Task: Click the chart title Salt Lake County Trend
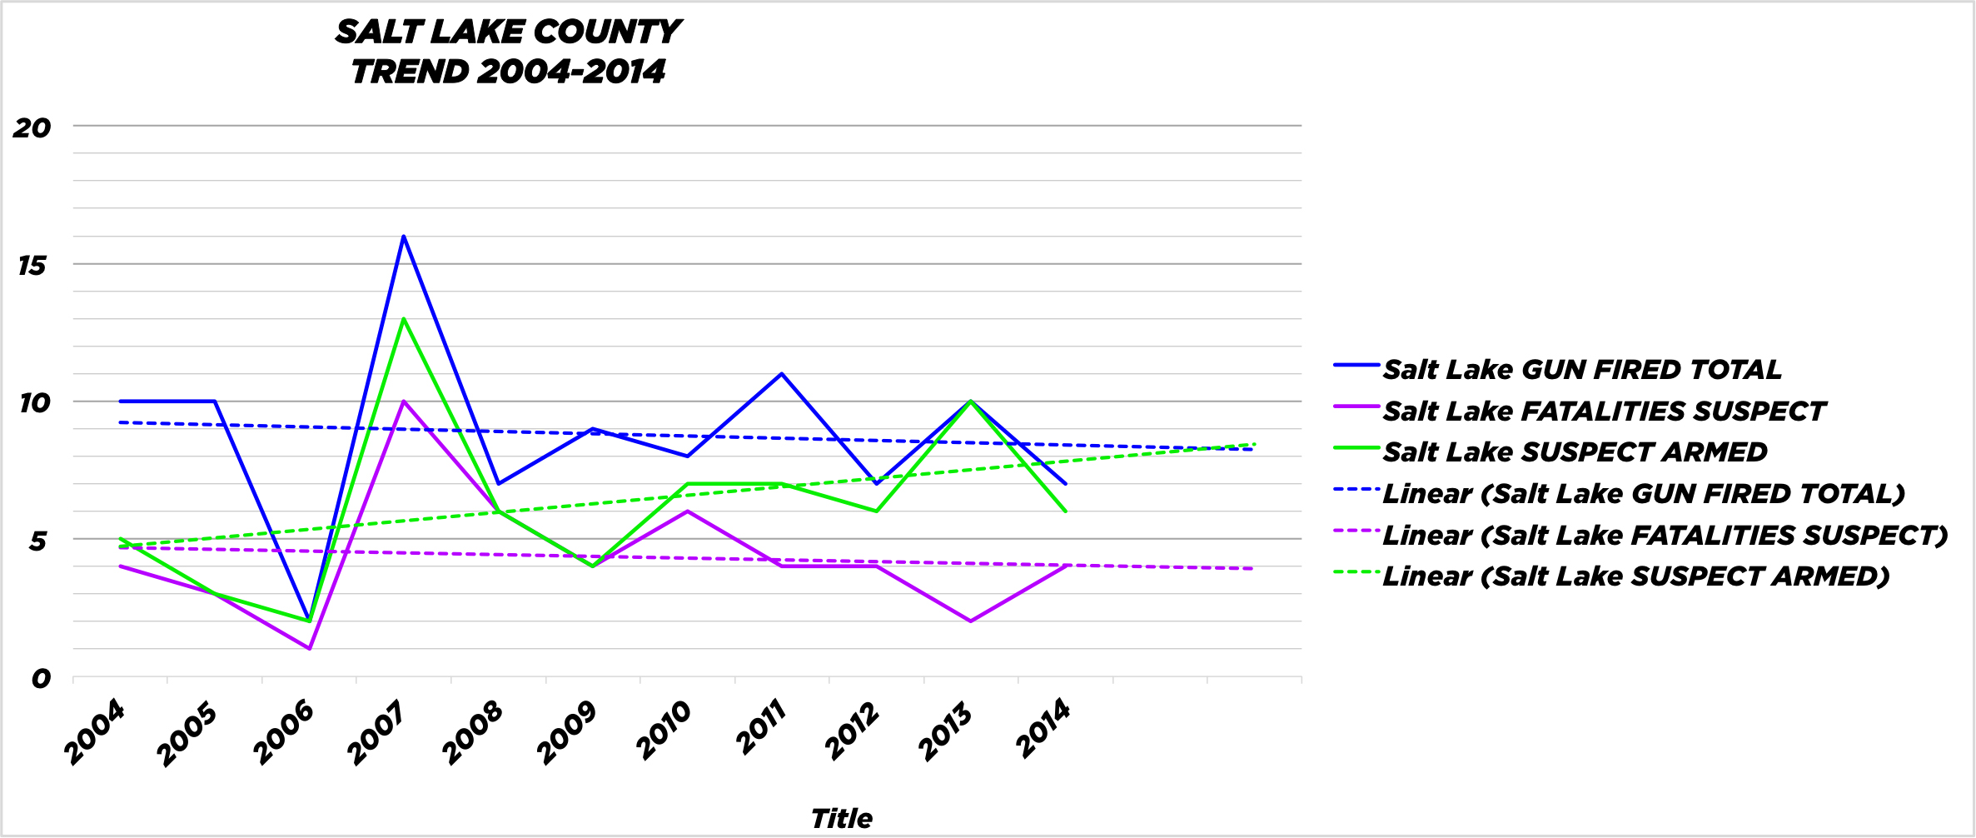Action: [x=508, y=52]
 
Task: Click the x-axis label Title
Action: [x=841, y=818]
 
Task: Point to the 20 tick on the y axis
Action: [x=32, y=127]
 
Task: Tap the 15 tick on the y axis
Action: [x=32, y=266]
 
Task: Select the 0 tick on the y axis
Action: [x=40, y=679]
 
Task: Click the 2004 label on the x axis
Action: [x=96, y=732]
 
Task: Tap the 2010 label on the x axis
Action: [x=664, y=731]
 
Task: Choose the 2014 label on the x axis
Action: [x=1043, y=729]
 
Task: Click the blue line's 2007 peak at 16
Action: [x=404, y=237]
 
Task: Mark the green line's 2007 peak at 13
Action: [x=404, y=319]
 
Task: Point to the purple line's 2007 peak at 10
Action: [x=404, y=402]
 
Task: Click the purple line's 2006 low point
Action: [x=310, y=648]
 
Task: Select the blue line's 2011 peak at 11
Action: [x=782, y=374]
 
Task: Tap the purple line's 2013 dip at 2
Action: [x=971, y=621]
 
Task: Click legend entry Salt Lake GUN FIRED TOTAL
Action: [x=1581, y=369]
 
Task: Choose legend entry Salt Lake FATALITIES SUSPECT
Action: [x=1603, y=411]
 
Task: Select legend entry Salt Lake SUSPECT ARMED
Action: [x=1574, y=451]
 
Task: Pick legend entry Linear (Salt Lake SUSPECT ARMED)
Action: [x=1635, y=576]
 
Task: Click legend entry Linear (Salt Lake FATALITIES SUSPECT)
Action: [x=1665, y=535]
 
